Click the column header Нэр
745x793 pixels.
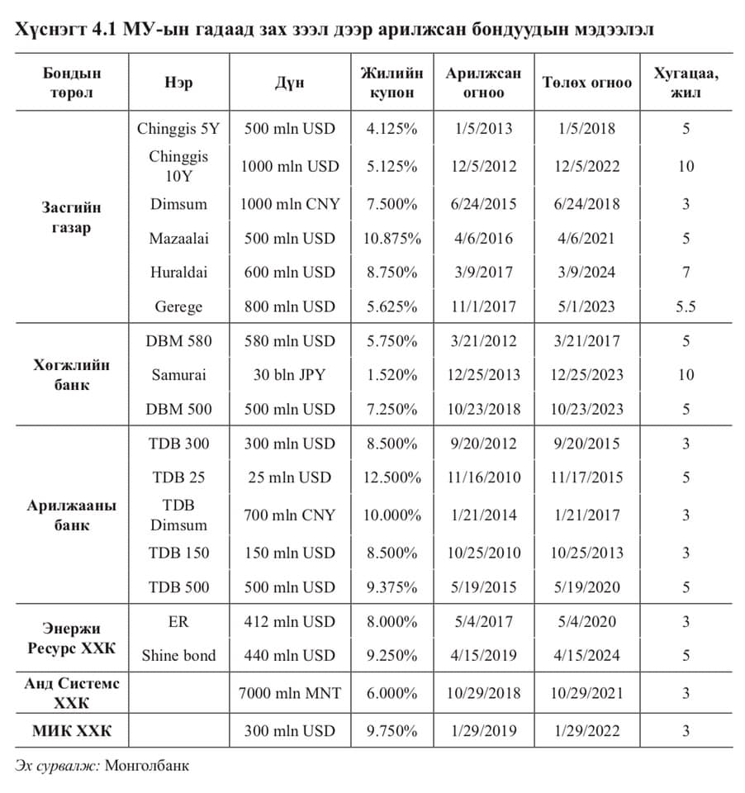pos(178,83)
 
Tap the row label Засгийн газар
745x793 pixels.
pos(72,217)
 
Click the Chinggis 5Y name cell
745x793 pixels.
pos(178,129)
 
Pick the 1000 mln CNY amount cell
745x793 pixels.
pos(289,204)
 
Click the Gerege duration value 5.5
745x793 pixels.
pos(686,306)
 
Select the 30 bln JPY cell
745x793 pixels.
pos(289,375)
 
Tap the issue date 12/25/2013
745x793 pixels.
pos(483,375)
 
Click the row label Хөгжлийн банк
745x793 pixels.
pos(72,375)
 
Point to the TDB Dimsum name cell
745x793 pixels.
pos(178,515)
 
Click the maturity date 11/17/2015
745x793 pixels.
pos(587,477)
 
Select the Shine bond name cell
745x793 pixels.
pos(178,656)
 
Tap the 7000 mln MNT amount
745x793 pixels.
pos(289,693)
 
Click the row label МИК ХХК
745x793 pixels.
pos(72,730)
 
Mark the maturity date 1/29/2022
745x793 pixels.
pos(587,730)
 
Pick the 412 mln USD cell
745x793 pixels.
pos(289,622)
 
